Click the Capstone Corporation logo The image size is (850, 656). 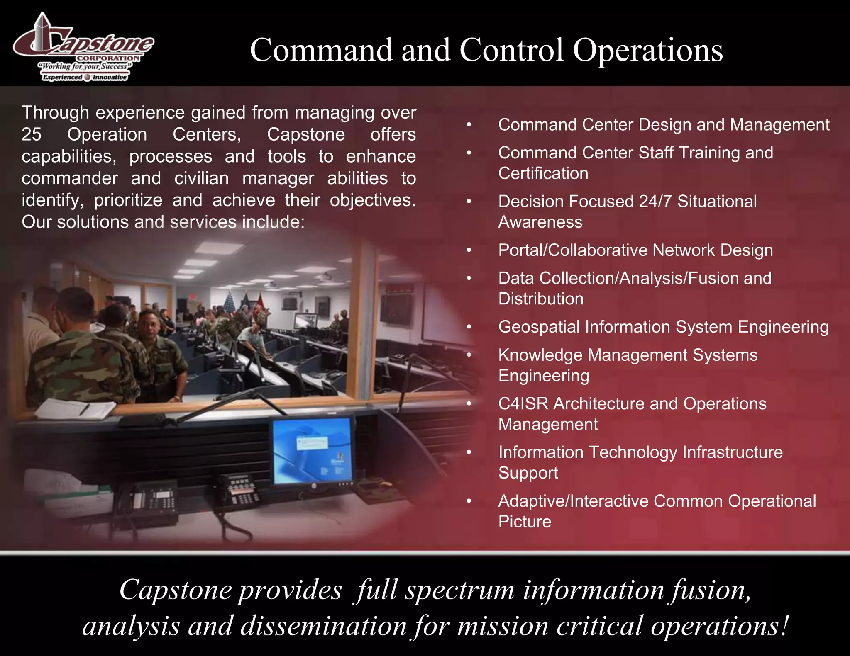tap(83, 47)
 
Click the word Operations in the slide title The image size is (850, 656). tap(648, 51)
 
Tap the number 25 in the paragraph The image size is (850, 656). tap(32, 134)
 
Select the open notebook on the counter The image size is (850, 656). tap(75, 408)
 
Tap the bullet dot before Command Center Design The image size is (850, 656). tap(469, 125)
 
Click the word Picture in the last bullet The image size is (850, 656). tap(525, 522)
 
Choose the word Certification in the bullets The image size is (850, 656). tap(543, 174)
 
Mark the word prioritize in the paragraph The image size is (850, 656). tap(128, 201)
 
